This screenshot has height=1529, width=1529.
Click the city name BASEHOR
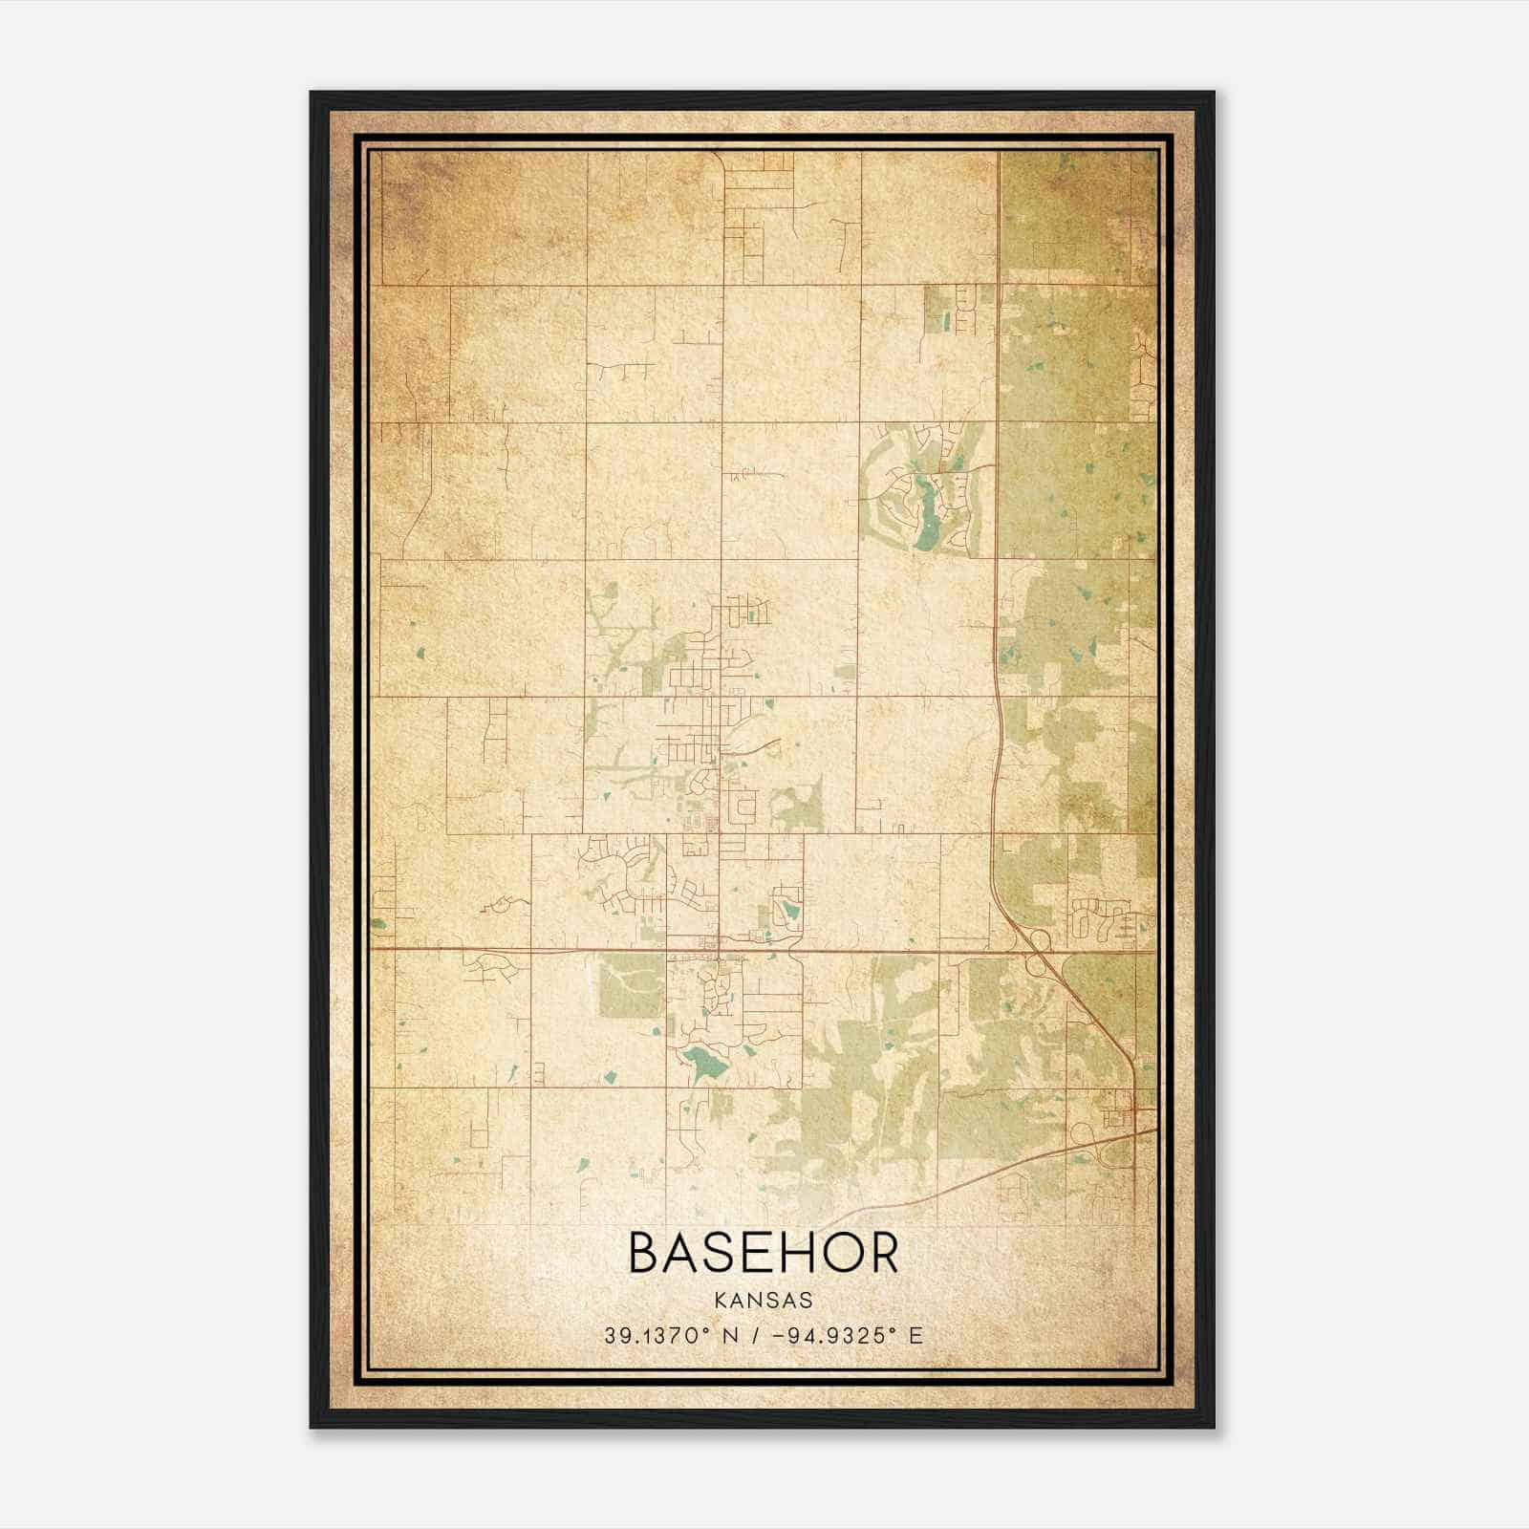pyautogui.click(x=764, y=1253)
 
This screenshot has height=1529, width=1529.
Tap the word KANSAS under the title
pyautogui.click(x=763, y=1301)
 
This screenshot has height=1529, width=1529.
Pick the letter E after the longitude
pyautogui.click(x=916, y=1336)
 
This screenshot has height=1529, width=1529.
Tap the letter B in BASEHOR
pyautogui.click(x=645, y=1253)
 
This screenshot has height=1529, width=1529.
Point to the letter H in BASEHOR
pyautogui.click(x=799, y=1253)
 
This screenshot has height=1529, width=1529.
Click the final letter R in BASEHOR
pyautogui.click(x=882, y=1253)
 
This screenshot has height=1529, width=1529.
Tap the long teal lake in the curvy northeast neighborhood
pyautogui.click(x=924, y=516)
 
